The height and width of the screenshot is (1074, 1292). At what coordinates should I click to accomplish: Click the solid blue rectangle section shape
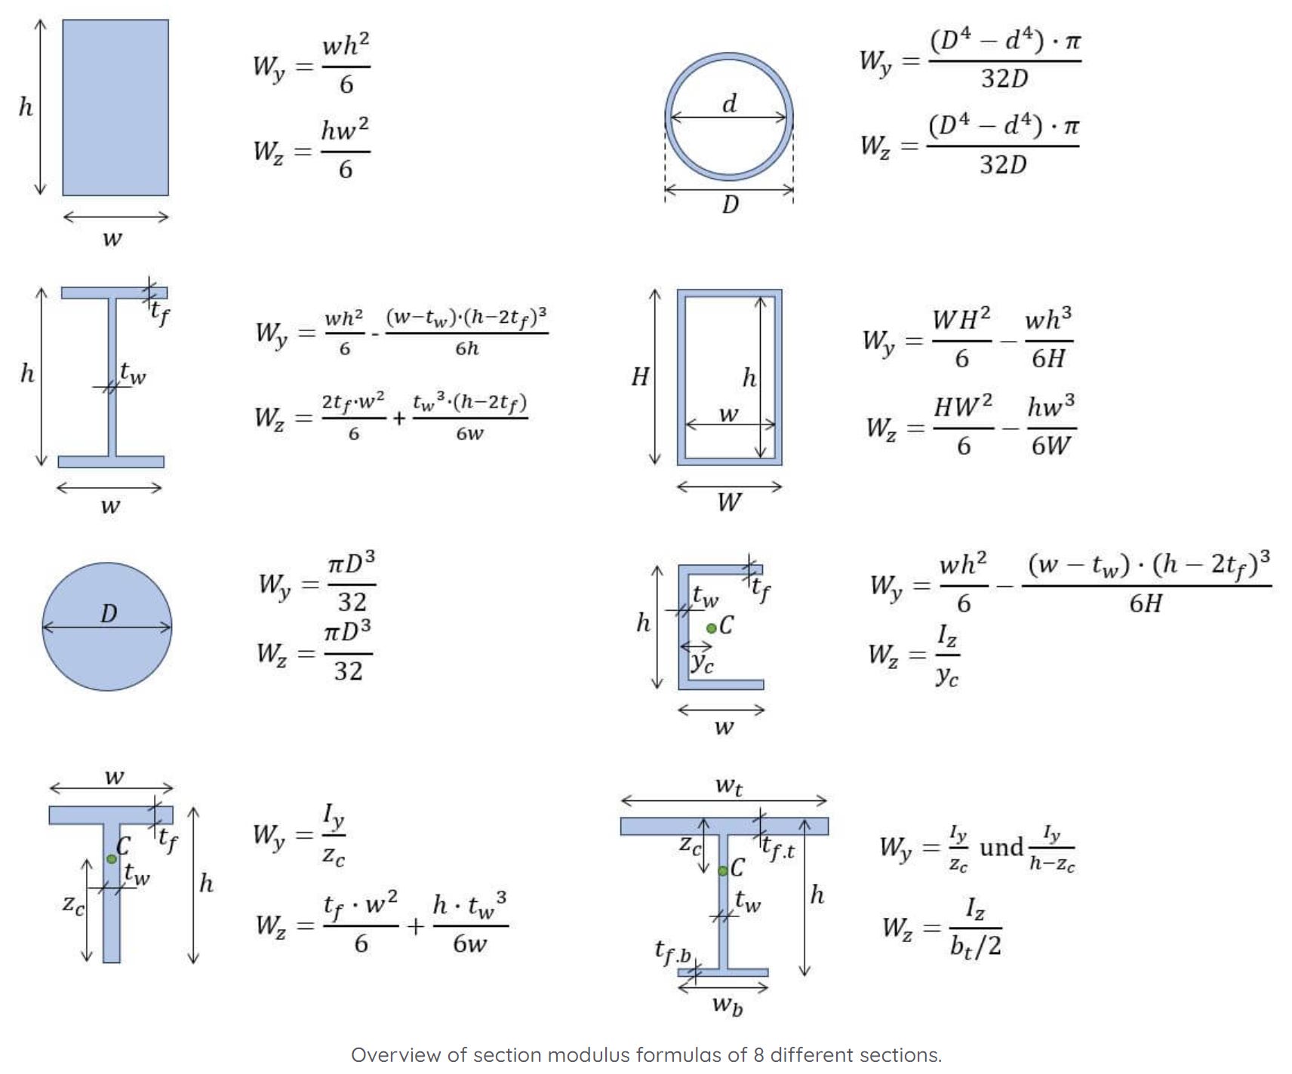pos(115,107)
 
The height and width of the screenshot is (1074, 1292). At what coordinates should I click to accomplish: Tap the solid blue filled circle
pos(106,649)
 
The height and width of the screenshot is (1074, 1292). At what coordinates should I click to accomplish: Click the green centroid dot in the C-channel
pos(711,628)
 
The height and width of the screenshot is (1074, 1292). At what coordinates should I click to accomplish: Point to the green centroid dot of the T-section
pos(112,858)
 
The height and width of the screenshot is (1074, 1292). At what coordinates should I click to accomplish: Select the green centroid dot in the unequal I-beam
pos(722,870)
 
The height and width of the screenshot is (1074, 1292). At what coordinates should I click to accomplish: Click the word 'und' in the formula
pos(1001,848)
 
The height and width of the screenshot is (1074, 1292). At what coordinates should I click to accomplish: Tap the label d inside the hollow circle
pos(729,104)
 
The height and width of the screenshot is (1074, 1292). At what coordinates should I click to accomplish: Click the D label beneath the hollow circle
pos(730,204)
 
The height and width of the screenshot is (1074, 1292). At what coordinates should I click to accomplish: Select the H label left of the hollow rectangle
pos(640,376)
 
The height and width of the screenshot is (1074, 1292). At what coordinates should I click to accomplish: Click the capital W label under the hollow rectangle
pos(729,502)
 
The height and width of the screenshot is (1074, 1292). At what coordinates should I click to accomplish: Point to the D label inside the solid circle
pos(109,614)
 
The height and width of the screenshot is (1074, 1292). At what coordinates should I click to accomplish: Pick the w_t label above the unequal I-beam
pos(729,787)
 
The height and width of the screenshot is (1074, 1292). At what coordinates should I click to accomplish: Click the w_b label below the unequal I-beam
pos(728,1005)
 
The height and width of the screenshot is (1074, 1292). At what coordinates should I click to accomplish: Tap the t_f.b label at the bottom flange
pos(672,952)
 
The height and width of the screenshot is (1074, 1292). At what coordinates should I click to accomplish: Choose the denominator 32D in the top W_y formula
pos(1004,78)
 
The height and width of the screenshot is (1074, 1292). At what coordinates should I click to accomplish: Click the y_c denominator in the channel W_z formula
pos(947,676)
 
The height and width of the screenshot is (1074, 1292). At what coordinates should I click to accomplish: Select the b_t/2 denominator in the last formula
pos(975,946)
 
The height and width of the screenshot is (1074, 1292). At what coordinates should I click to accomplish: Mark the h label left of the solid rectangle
pos(26,108)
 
